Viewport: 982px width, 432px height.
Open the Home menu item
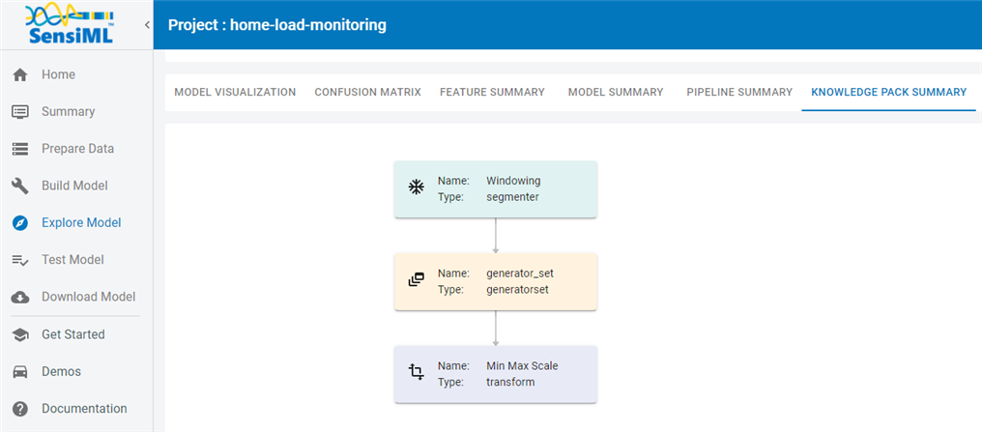click(x=58, y=74)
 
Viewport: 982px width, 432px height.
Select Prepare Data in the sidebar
click(x=77, y=149)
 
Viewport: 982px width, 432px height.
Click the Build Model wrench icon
click(x=20, y=186)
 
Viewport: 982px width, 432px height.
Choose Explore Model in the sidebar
click(x=81, y=223)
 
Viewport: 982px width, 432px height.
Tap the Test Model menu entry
click(x=72, y=260)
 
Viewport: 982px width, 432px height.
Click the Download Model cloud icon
click(x=20, y=298)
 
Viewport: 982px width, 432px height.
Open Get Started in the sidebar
click(x=73, y=334)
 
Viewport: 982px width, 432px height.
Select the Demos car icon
click(x=20, y=372)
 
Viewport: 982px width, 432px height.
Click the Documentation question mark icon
click(x=20, y=409)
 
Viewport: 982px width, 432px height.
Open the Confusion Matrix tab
click(x=367, y=92)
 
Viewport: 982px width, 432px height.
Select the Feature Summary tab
click(x=492, y=92)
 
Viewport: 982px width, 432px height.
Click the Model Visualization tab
click(x=235, y=92)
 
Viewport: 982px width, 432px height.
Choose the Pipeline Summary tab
click(x=739, y=92)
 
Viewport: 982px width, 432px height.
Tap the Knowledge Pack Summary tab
click(x=888, y=92)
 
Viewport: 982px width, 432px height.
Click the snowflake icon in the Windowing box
click(x=416, y=187)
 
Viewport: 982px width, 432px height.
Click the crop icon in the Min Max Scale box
click(x=416, y=372)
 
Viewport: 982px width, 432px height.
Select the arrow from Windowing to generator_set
click(x=496, y=236)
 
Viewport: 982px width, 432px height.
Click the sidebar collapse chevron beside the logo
click(x=147, y=25)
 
